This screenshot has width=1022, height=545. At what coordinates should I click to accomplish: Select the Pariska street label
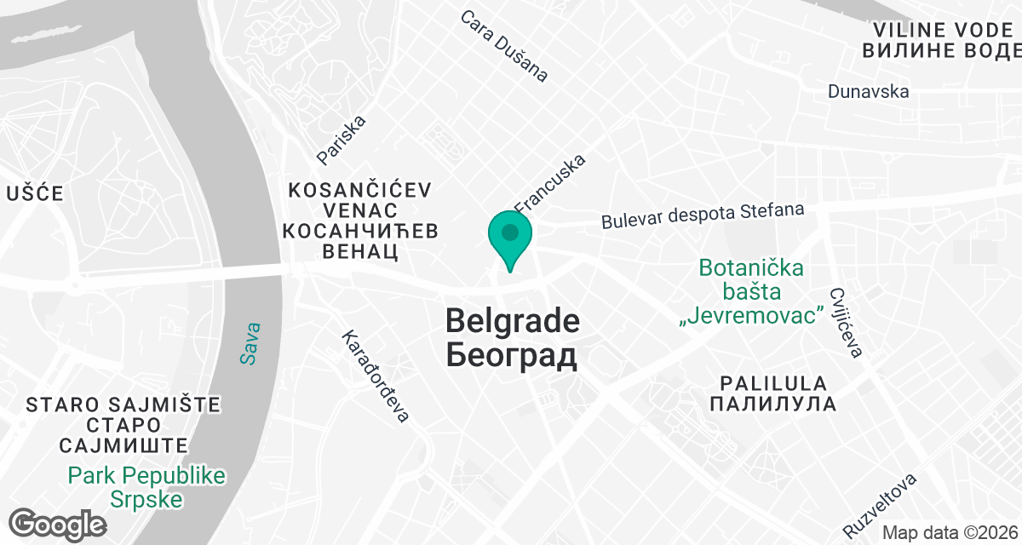pyautogui.click(x=341, y=140)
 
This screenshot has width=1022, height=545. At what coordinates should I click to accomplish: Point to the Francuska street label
pyautogui.click(x=551, y=183)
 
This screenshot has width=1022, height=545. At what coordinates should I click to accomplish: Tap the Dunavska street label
pyautogui.click(x=868, y=91)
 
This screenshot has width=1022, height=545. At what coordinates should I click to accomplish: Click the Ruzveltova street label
pyautogui.click(x=880, y=500)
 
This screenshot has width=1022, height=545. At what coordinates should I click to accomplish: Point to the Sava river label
pyautogui.click(x=249, y=343)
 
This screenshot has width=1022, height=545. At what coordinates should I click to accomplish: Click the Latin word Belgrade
pyautogui.click(x=513, y=321)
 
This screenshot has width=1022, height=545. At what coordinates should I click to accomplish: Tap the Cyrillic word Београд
pyautogui.click(x=511, y=355)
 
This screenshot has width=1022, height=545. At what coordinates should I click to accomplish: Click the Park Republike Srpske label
pyautogui.click(x=147, y=487)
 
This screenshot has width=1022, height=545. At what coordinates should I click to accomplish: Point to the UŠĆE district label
pyautogui.click(x=35, y=193)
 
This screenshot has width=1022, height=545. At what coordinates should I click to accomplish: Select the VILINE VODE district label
pyautogui.click(x=941, y=29)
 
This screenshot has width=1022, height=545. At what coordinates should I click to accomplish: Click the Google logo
pyautogui.click(x=57, y=524)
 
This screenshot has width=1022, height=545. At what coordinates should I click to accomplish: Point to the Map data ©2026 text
pyautogui.click(x=950, y=533)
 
